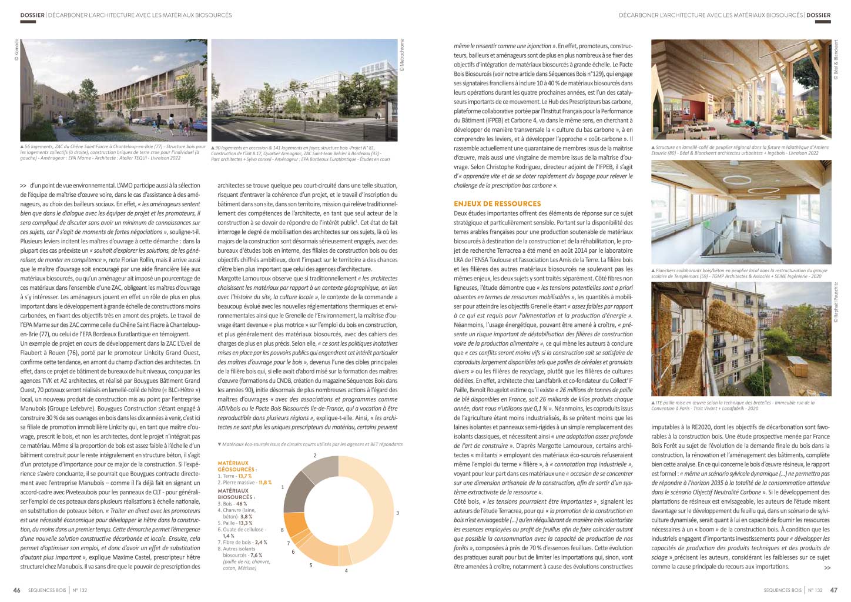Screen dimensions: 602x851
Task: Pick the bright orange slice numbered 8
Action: pyautogui.click(x=294, y=526)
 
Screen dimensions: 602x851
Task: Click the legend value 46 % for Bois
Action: pyautogui.click(x=241, y=504)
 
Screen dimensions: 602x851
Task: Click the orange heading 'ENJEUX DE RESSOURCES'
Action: pyautogui.click(x=497, y=203)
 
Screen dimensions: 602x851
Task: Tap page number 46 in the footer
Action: pyautogui.click(x=17, y=590)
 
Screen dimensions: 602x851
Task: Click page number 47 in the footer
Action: pyautogui.click(x=833, y=590)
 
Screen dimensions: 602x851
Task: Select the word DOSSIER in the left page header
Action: pyautogui.click(x=32, y=15)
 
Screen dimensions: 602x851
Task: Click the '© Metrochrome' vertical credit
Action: pyautogui.click(x=403, y=55)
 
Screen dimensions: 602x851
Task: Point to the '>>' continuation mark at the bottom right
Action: pyautogui.click(x=827, y=568)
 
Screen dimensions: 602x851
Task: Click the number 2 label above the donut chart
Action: pyautogui.click(x=315, y=455)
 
